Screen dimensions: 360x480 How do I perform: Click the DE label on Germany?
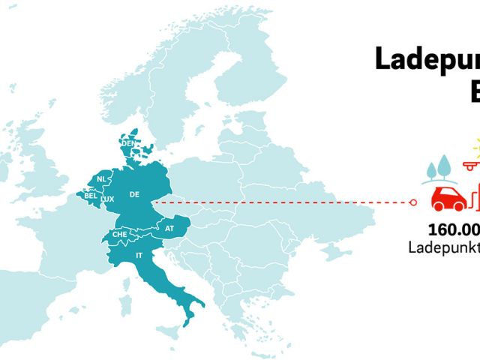pos(135,194)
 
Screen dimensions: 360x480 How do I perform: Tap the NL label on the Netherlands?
pos(101,179)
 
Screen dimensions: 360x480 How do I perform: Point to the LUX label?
pos(107,199)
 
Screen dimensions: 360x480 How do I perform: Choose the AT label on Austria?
pos(169,228)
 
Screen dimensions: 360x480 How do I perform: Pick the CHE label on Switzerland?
pos(120,234)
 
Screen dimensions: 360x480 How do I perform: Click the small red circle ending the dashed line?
pos(415,202)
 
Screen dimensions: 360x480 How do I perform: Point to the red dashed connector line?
pos(285,202)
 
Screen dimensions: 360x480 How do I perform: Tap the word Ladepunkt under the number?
pos(444,247)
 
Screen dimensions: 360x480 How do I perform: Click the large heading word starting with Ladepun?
pos(427,60)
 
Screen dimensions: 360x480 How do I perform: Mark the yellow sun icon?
pos(475,145)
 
